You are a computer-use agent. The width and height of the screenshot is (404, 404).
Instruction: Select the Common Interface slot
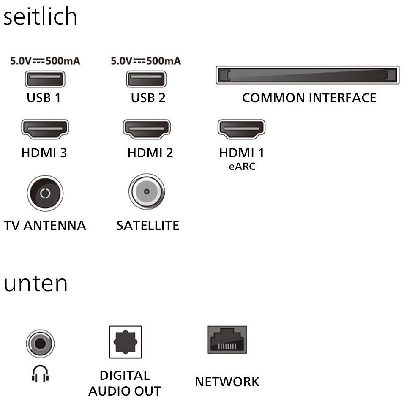[x=307, y=75]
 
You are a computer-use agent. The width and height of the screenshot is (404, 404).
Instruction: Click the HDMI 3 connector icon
[x=45, y=129]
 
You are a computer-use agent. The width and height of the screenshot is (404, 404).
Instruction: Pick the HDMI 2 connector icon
[x=146, y=129]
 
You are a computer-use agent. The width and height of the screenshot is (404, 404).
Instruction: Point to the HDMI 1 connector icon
[x=241, y=129]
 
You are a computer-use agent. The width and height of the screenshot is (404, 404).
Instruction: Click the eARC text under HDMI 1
[x=242, y=167]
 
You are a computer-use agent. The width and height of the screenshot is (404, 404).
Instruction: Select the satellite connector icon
[x=146, y=191]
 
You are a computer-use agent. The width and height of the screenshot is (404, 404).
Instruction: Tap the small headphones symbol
[x=40, y=374]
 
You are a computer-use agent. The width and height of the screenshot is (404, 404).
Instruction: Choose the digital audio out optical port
[x=125, y=342]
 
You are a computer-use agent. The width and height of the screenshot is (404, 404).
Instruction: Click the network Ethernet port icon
[x=227, y=340]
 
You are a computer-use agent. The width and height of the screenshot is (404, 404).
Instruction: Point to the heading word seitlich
[x=41, y=17]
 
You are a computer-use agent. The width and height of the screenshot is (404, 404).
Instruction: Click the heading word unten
[x=35, y=284]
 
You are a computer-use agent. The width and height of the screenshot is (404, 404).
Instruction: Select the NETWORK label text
[x=227, y=382]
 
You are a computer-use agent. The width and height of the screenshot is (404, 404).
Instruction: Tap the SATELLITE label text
[x=147, y=225]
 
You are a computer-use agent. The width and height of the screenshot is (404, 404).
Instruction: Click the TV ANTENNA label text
[x=45, y=225]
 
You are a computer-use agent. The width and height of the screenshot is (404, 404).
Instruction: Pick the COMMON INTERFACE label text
[x=309, y=98]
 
